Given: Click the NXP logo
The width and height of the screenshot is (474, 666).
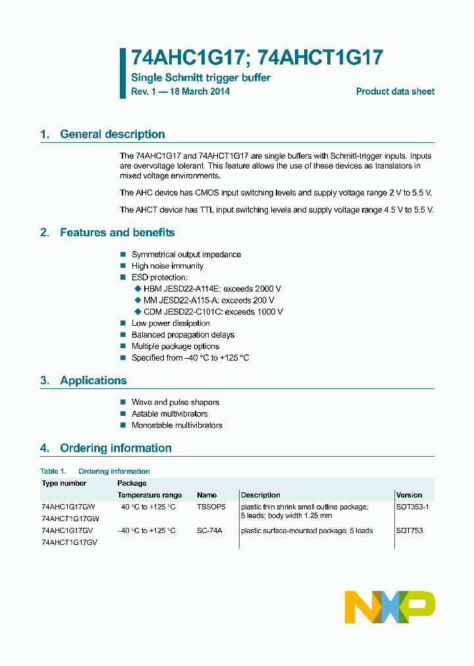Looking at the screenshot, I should (390, 607).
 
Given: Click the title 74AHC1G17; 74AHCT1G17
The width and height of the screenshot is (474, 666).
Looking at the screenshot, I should (257, 58).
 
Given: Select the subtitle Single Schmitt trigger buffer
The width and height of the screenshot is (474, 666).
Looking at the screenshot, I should (201, 78).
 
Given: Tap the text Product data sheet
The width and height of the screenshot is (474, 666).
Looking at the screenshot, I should (395, 91).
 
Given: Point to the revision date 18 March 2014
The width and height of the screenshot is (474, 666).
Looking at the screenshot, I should (199, 91).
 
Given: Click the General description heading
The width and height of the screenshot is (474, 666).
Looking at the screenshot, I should (112, 134).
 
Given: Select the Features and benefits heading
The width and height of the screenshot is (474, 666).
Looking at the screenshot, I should (117, 232).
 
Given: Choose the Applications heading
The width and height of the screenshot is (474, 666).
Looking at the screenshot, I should (93, 380).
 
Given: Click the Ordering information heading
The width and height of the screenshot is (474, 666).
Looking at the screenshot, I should (115, 448).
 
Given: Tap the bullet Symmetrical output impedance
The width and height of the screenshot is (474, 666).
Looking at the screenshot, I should (186, 255).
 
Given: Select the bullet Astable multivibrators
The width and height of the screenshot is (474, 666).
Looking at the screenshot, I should (169, 414).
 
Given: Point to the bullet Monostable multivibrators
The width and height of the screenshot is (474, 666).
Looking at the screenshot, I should (176, 425).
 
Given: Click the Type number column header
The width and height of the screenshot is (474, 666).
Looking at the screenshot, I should (64, 483).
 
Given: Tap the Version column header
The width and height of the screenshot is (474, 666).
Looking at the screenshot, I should (409, 495).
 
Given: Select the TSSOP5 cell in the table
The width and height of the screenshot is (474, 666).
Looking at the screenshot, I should (211, 507).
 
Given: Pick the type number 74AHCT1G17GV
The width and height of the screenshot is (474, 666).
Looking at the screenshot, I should (69, 542).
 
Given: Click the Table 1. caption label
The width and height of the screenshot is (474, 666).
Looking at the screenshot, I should (53, 471).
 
